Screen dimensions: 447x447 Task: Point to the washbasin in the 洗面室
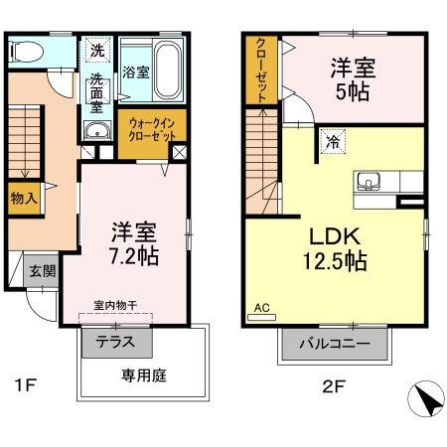[x=96, y=134]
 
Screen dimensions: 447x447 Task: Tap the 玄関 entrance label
[x=41, y=270]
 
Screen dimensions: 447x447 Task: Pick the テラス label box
[x=116, y=342]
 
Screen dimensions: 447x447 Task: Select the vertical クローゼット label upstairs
[x=260, y=71]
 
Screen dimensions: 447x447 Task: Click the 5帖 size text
[x=354, y=89]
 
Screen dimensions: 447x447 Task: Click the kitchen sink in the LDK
[x=368, y=182]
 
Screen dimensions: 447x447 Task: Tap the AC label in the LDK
[x=262, y=308]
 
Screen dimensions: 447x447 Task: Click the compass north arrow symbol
[x=428, y=400]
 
